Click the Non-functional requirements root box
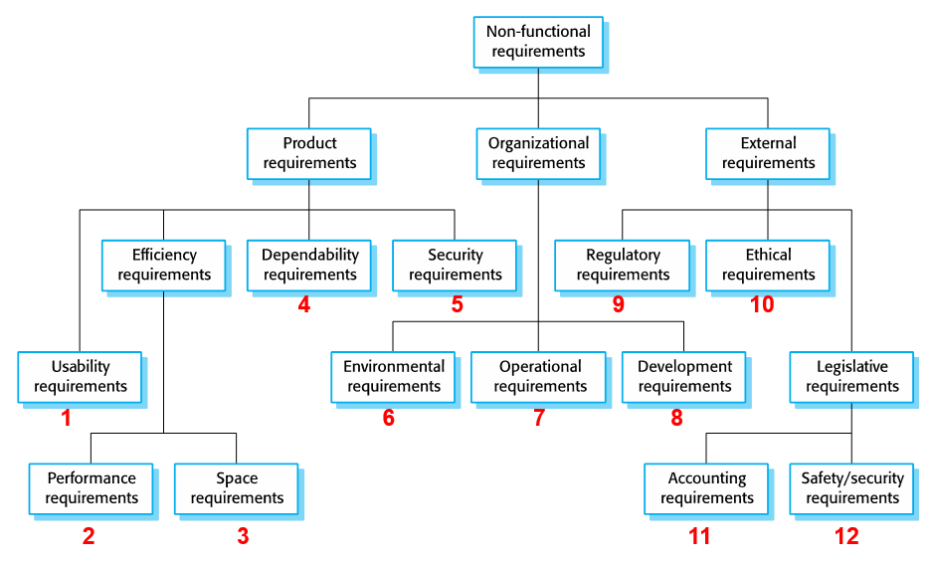(x=538, y=42)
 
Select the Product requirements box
(x=309, y=153)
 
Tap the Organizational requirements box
(x=538, y=153)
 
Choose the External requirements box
(x=767, y=153)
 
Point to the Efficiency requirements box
(x=164, y=265)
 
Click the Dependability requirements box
(x=309, y=265)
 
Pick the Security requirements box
(x=455, y=265)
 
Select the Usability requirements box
(x=81, y=376)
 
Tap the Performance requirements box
(x=92, y=487)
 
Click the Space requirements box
(x=237, y=487)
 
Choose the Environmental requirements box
(x=393, y=376)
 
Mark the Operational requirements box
(x=538, y=376)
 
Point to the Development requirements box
(x=684, y=376)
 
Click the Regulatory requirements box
(x=622, y=265)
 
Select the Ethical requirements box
(x=767, y=265)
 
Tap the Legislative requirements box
(x=851, y=376)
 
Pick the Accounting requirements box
(x=706, y=487)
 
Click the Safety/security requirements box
(x=851, y=487)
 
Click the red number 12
(x=846, y=537)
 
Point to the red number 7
(x=539, y=418)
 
